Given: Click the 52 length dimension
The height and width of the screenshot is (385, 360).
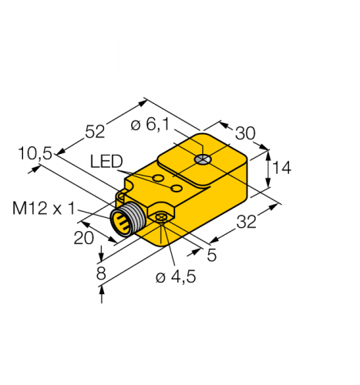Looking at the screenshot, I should [95, 132].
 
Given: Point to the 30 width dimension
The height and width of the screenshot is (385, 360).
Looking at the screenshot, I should [245, 132].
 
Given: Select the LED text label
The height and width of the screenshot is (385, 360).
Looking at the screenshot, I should [106, 162].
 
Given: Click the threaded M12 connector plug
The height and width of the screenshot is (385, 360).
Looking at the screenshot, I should [126, 221].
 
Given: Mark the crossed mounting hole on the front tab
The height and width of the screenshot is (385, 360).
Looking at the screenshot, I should [160, 220].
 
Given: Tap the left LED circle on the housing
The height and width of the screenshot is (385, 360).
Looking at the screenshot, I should [158, 179].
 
